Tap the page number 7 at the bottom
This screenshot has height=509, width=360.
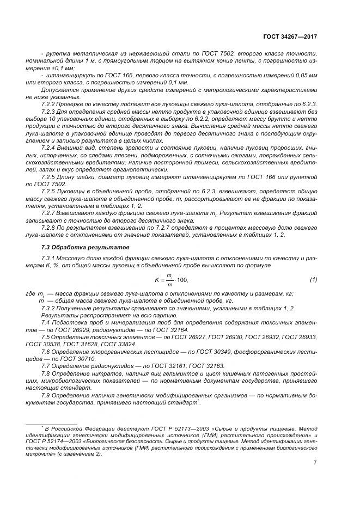tap(315, 463)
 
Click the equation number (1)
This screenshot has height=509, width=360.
tap(313, 280)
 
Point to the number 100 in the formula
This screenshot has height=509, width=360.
tap(181, 280)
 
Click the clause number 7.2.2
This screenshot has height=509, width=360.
tap(50, 103)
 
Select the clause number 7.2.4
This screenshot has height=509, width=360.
tap(50, 149)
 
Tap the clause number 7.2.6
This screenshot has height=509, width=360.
tap(50, 192)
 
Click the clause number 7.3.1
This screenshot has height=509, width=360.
tap(50, 259)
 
